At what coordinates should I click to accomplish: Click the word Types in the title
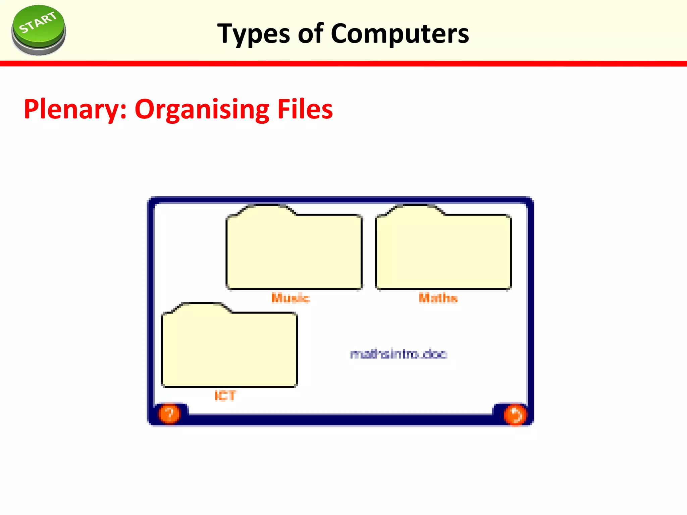tap(254, 34)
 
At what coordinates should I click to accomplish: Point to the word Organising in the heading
tap(202, 110)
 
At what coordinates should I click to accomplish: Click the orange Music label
tap(290, 298)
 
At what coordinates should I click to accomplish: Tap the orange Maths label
tap(438, 298)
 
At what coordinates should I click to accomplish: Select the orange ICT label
tap(225, 396)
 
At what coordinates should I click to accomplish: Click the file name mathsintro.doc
tap(399, 354)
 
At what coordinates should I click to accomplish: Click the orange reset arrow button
tap(514, 415)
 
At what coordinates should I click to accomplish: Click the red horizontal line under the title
tap(343, 63)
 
